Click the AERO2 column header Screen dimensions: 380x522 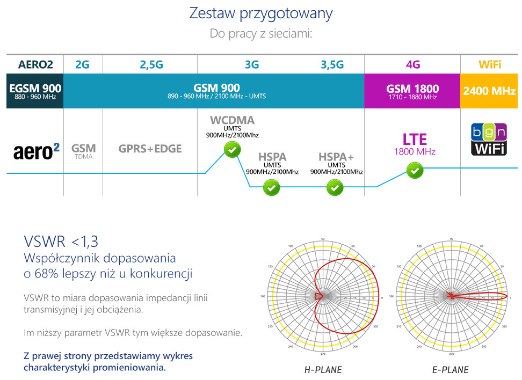coord(35,65)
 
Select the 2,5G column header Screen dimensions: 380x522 coord(151,65)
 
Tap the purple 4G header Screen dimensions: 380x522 coord(412,65)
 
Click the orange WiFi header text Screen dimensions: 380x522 coord(490,65)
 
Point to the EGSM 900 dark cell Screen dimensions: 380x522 coord(35,91)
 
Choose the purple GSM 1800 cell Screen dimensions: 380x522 coord(412,91)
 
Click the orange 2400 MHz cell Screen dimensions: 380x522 coord(490,91)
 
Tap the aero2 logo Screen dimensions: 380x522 coord(36,151)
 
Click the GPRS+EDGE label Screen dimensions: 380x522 coord(150,149)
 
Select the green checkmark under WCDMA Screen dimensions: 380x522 coord(232,150)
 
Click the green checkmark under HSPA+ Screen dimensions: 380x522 coord(336,188)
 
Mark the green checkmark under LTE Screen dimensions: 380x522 coord(415,171)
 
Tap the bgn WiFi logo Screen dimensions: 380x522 coord(489,140)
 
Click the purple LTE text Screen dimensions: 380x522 coord(415,140)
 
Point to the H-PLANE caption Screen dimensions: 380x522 coord(323,369)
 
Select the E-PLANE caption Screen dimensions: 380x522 coord(450,369)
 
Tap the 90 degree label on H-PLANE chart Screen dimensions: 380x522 coord(323,238)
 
